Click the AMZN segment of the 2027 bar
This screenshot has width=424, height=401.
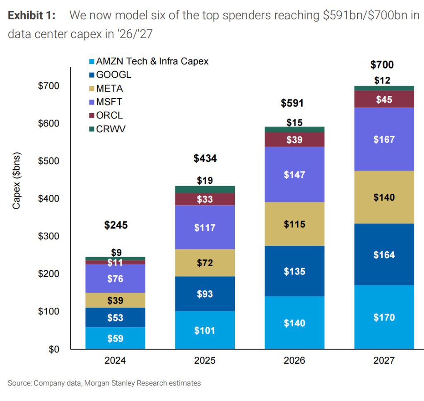tap(384, 317)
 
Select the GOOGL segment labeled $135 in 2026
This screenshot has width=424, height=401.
tap(294, 271)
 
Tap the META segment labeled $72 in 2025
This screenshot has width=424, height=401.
tap(205, 262)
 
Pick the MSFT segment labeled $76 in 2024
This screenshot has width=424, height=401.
tap(115, 279)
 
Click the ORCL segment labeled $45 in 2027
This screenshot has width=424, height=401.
tap(384, 100)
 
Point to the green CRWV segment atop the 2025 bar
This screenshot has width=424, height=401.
tap(205, 189)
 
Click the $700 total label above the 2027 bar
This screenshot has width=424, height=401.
tap(382, 65)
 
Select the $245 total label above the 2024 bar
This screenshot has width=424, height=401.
tap(116, 225)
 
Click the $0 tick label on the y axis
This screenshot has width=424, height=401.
tap(53, 349)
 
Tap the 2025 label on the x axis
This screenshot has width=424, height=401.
tap(205, 361)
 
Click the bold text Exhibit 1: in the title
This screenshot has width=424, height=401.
tap(31, 16)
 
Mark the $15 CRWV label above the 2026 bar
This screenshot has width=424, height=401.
tap(294, 122)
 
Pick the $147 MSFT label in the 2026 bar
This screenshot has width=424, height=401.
tap(294, 175)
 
